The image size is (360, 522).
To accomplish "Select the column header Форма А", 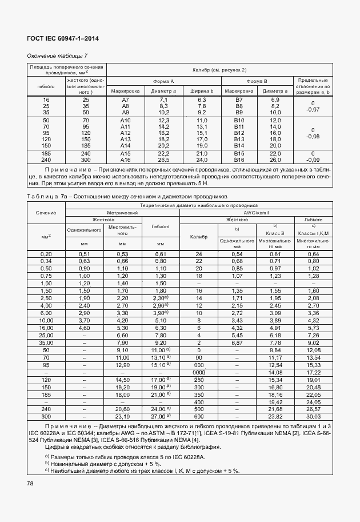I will pyautogui.click(x=162, y=82).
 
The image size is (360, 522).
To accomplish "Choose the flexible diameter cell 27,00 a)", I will pyautogui.click(x=161, y=417).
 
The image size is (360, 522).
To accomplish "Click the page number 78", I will pyautogui.click(x=30, y=484).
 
